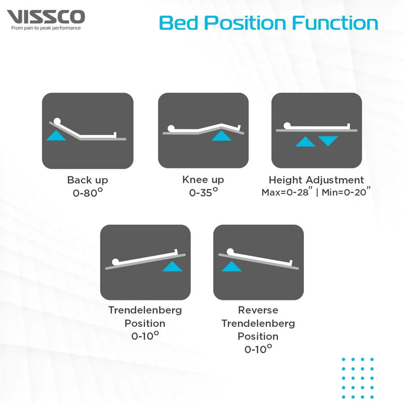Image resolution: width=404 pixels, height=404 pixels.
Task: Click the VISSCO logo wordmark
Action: point(46,17)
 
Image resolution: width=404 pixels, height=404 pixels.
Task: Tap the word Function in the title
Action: point(335,23)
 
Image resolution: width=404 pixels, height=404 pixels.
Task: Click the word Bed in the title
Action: point(179,23)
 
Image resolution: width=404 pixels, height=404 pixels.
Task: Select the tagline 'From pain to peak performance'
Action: point(46,28)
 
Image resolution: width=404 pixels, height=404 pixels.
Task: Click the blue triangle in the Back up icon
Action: point(56,136)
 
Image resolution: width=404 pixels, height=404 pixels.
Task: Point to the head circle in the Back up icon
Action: point(57,121)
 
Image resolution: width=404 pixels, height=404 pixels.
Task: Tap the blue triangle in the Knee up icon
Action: point(221,136)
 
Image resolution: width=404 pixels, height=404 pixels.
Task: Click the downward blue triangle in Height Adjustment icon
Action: point(328,141)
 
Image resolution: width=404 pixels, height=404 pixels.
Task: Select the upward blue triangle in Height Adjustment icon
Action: point(305,142)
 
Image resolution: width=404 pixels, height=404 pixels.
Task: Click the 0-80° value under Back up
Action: point(88,193)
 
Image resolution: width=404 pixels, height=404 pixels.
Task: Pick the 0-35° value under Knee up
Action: point(203,192)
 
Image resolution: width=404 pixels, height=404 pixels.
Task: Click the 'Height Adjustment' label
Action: point(316,180)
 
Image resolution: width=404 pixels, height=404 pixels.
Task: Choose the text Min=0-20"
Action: point(346,192)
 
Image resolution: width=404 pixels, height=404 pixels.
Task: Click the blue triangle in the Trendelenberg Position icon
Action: point(172,266)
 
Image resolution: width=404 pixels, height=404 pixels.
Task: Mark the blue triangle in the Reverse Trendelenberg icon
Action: point(232,266)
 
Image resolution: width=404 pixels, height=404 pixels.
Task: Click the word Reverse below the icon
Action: point(258,310)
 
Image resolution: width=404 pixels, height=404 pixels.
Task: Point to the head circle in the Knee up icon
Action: point(171,128)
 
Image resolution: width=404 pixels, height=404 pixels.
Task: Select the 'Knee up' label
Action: point(203,180)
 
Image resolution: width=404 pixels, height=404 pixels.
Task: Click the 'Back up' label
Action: point(88,180)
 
